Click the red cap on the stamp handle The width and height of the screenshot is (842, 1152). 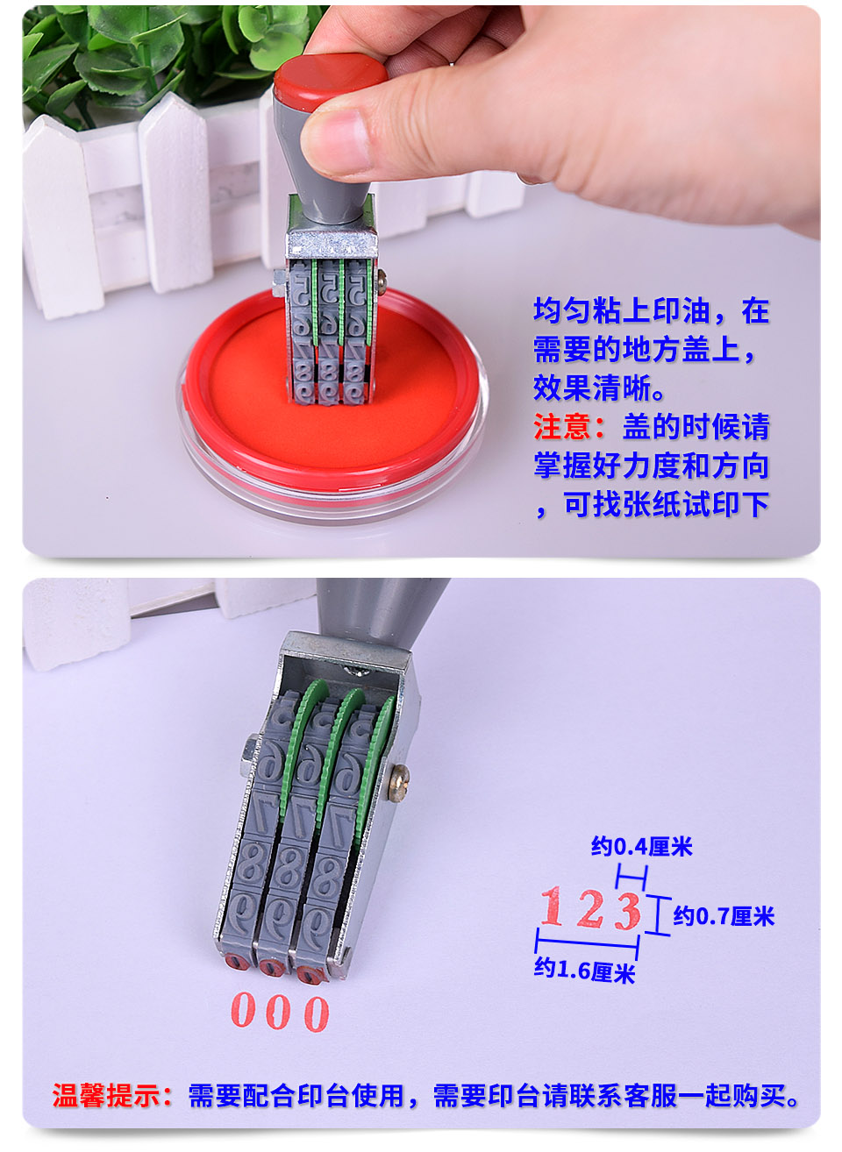330,81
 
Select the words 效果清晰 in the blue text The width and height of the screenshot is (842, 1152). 593,388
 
